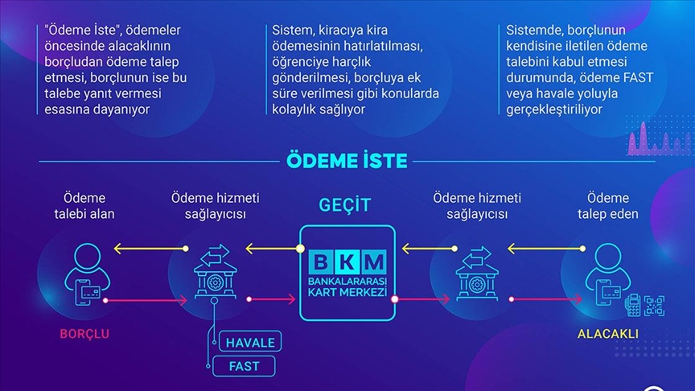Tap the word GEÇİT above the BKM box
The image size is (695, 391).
pyautogui.click(x=347, y=204)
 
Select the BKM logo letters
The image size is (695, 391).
pyautogui.click(x=347, y=261)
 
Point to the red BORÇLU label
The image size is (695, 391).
pyautogui.click(x=84, y=333)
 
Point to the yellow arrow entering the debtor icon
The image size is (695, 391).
pyautogui.click(x=129, y=249)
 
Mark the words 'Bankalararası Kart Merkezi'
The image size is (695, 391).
pyautogui.click(x=347, y=285)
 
